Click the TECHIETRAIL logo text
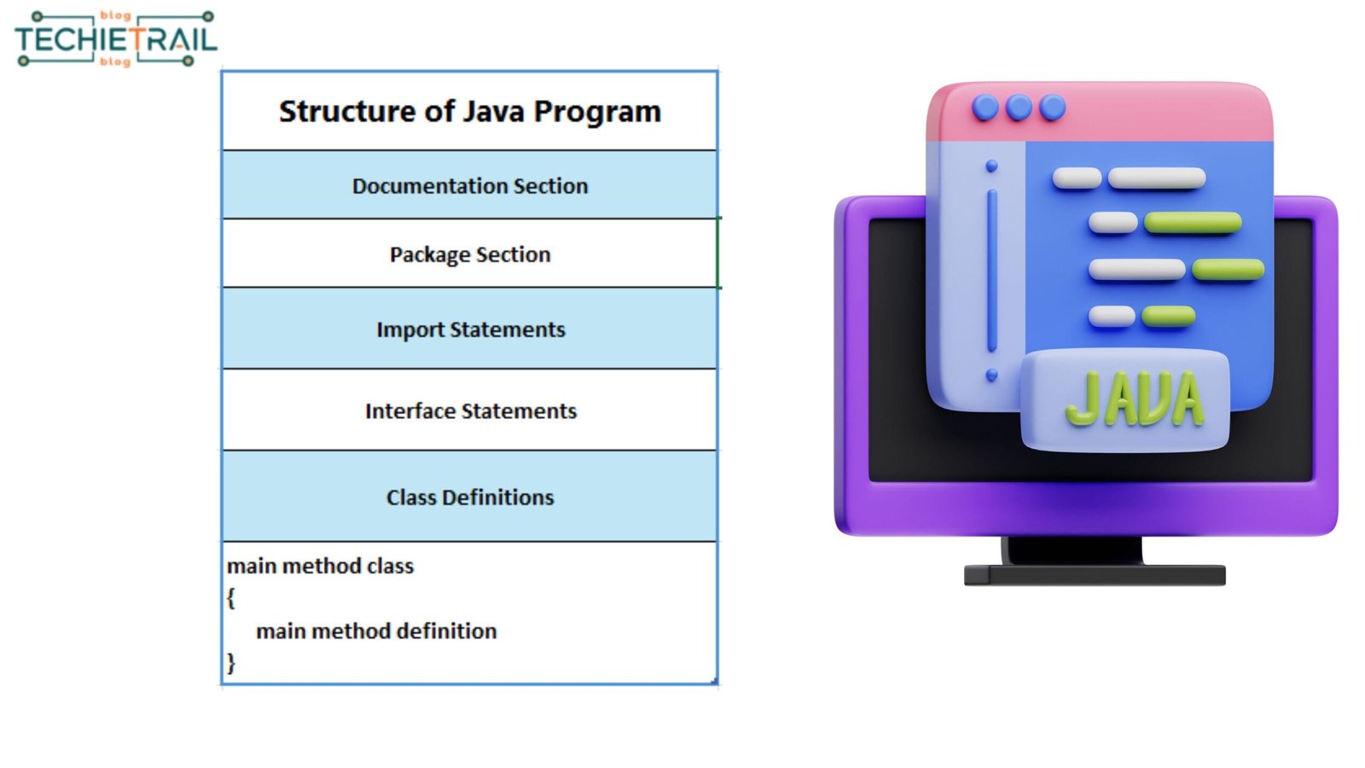pos(116,39)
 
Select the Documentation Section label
pos(470,186)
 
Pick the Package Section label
pos(470,255)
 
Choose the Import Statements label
pos(470,329)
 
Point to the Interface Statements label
pos(470,410)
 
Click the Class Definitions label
pos(470,497)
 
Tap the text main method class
pos(320,567)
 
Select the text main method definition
pos(376,631)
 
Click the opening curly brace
pos(231,598)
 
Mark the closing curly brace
pos(231,662)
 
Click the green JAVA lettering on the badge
pos(1135,399)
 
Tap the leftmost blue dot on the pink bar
pos(985,108)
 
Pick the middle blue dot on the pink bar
pos(1019,108)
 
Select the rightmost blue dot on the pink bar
pos(1053,108)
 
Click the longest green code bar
pos(1193,223)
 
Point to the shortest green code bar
pos(1168,317)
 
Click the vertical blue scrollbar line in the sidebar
pos(992,271)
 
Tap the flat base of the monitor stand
pos(1095,575)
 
